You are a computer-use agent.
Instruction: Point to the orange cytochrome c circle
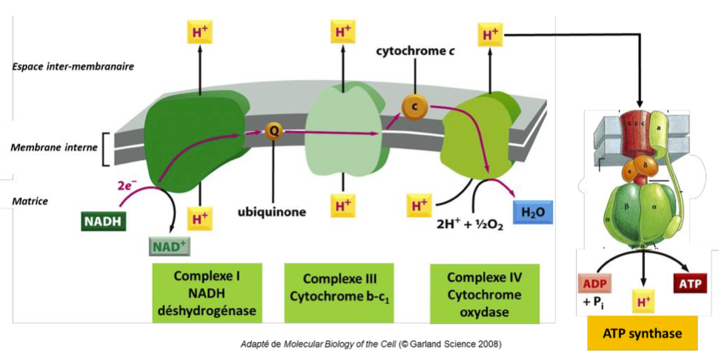pos(415,107)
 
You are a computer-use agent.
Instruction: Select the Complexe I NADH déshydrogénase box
pos(207,293)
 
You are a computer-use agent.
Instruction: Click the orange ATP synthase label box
pos(643,334)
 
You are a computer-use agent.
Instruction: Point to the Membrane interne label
pos(53,147)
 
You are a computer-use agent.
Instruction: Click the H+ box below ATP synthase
pos(643,300)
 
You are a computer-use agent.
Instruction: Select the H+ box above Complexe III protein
pos(343,33)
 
